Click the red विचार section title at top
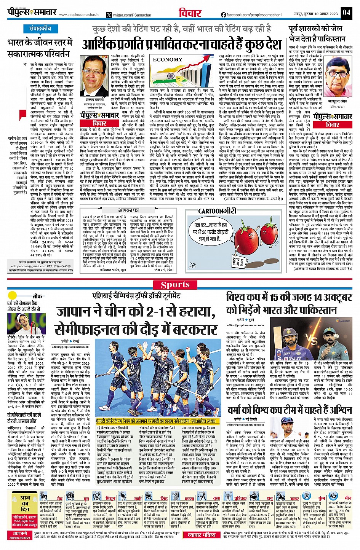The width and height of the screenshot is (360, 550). (190, 13)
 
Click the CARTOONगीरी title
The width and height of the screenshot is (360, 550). (217, 210)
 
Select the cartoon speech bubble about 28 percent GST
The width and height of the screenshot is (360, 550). (210, 230)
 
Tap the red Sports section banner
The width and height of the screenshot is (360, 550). (175, 284)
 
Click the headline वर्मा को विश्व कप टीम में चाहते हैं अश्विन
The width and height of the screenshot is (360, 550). (290, 410)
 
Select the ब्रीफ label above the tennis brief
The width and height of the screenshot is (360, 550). (37, 296)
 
